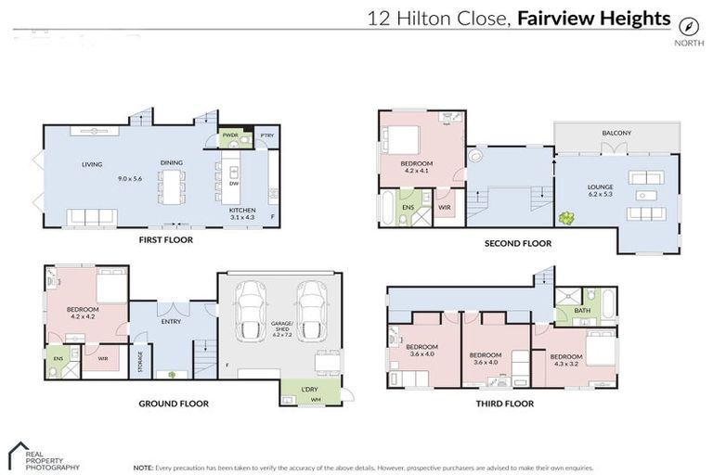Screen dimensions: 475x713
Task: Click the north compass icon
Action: coord(688,26)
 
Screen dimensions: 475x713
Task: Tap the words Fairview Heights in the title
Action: coord(595,18)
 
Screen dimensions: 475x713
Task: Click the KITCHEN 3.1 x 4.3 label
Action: coord(241,213)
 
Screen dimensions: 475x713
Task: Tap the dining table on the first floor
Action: coord(171,186)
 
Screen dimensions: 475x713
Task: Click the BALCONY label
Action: coord(616,133)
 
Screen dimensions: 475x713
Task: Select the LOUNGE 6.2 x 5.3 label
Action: coord(600,191)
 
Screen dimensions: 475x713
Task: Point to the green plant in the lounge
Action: coord(565,219)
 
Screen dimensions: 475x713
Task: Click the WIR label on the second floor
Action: coord(445,207)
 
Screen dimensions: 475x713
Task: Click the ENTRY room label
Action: coord(171,322)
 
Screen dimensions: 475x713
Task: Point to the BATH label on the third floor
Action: coord(582,311)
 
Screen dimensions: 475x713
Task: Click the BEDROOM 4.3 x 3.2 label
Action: coord(566,360)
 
